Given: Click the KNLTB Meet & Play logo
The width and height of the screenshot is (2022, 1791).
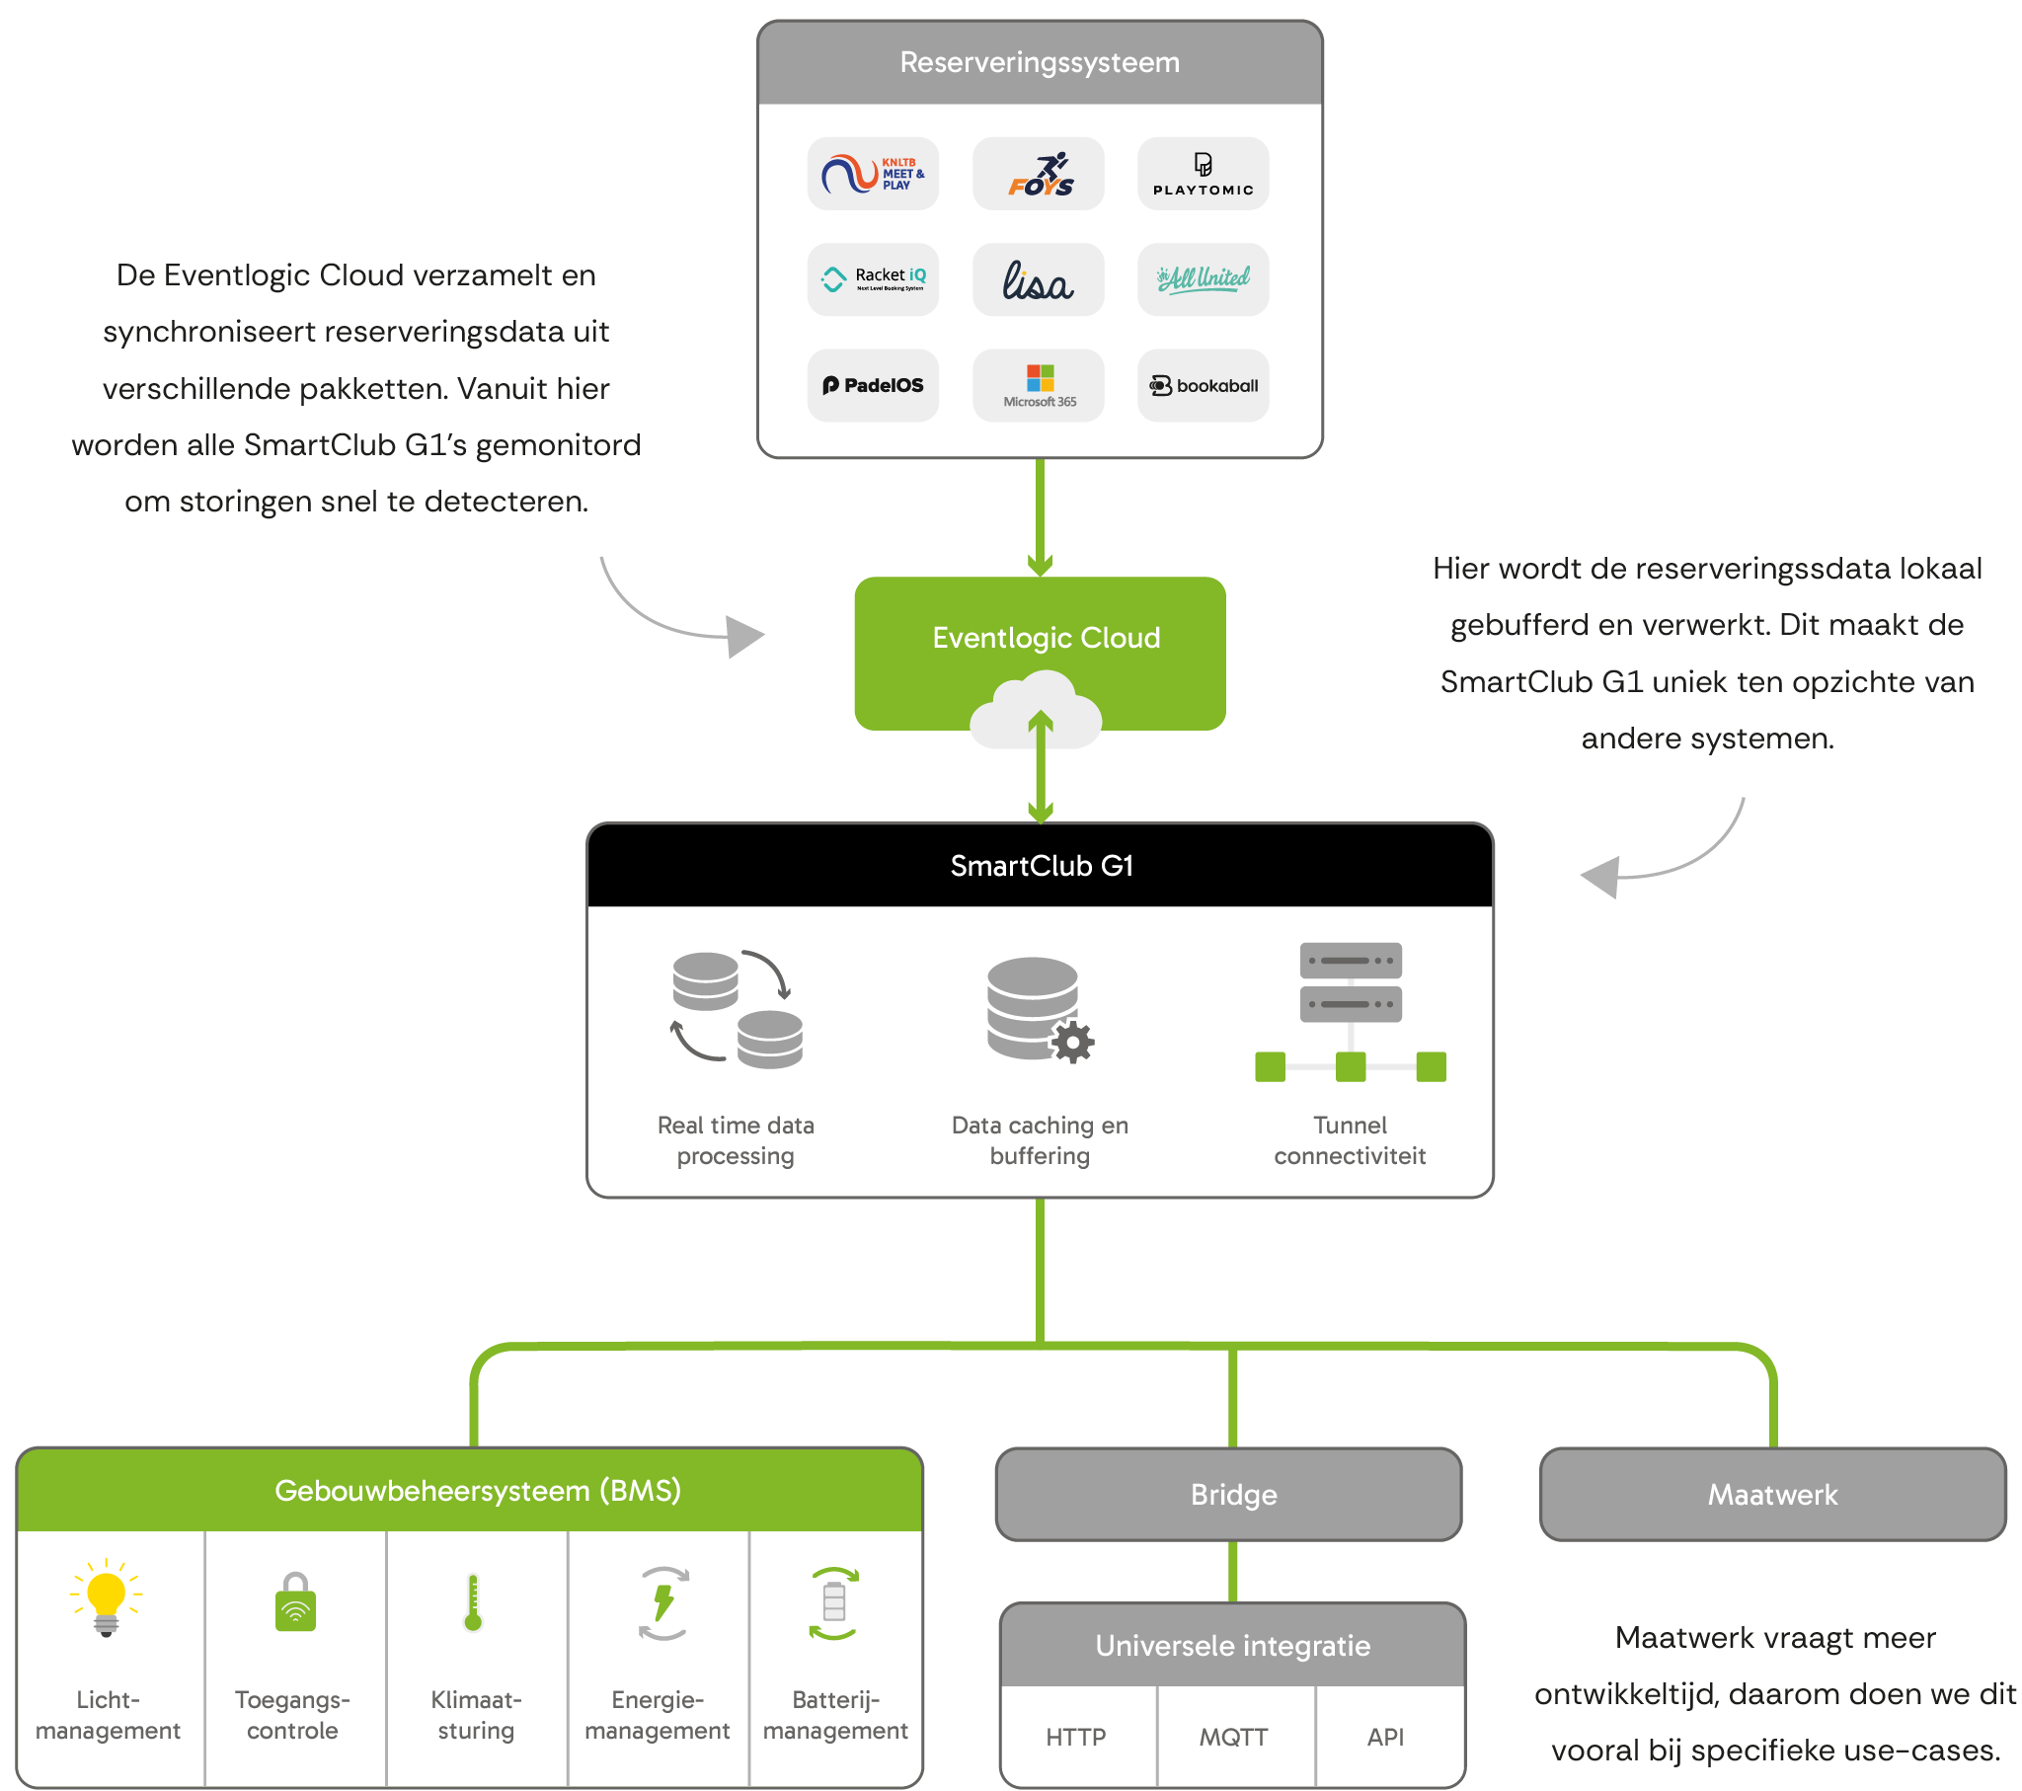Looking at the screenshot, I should coord(873,174).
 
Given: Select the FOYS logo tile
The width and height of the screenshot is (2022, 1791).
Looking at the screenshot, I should coord(1039,174).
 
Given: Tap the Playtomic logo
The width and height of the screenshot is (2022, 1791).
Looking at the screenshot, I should coord(1203,174).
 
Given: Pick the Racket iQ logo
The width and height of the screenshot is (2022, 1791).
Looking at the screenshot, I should coord(873,280).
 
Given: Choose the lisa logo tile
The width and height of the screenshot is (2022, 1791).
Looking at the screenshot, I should coord(1039,280).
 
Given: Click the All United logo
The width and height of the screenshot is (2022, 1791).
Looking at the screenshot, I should coord(1203,280).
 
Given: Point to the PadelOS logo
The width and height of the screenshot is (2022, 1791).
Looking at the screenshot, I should coord(873,386).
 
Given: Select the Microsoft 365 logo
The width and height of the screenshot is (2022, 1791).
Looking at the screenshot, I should coord(1039,386).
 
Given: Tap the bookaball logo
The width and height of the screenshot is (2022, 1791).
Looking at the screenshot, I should coord(1203,386).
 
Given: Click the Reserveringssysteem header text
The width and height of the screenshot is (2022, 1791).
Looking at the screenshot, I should coord(1040,62).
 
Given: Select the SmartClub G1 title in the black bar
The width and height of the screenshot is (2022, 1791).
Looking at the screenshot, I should coord(1042,866).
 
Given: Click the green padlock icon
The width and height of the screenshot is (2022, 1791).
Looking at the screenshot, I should coord(295,1603).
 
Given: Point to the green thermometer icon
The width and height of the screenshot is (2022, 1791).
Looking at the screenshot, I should coord(473,1603).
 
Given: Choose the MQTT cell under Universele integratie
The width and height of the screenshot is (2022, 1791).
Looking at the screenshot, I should coord(1233,1738).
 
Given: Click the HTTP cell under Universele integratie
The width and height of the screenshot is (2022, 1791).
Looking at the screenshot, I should coord(1076,1738).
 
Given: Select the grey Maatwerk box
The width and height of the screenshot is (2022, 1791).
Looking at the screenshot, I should coord(1773,1494).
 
